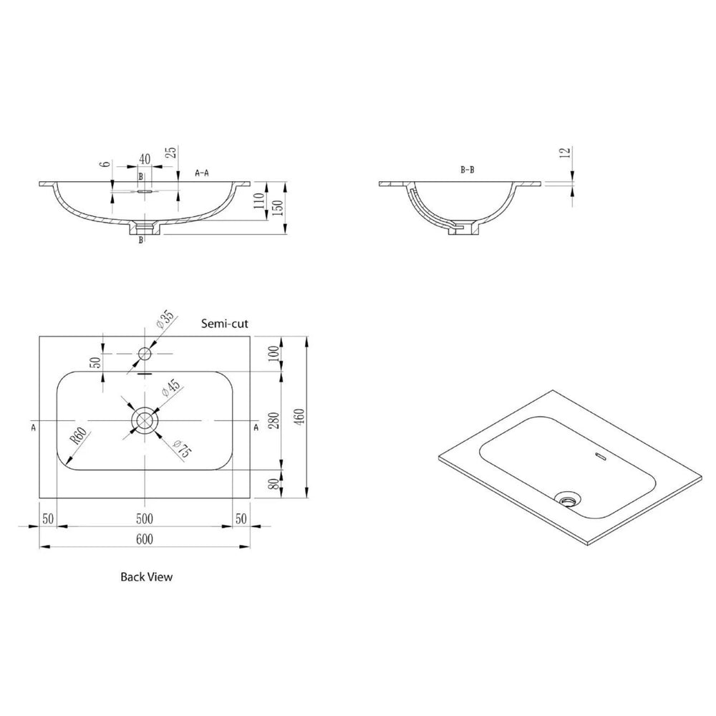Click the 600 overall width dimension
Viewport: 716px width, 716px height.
[145, 538]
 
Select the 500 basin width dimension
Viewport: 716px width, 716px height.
[145, 518]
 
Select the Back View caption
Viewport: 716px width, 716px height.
[146, 576]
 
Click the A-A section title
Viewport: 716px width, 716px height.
[202, 173]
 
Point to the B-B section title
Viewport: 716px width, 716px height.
[468, 170]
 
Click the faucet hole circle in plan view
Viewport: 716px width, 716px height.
[145, 353]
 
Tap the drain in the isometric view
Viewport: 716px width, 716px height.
[569, 498]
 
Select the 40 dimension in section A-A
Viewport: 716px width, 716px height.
[145, 158]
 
